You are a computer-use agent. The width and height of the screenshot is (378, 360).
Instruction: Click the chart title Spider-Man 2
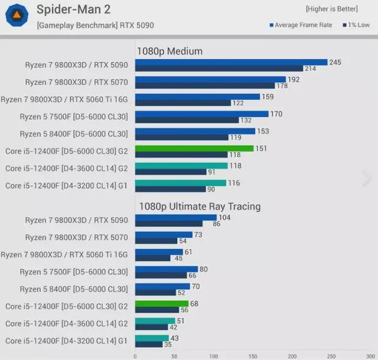[73, 9]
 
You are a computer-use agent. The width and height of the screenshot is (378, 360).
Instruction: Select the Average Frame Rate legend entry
[301, 25]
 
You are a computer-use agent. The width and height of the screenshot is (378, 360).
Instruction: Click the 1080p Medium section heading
[170, 51]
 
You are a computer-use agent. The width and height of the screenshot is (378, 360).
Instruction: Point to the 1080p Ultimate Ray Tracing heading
[199, 207]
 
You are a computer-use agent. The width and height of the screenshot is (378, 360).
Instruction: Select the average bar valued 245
[231, 62]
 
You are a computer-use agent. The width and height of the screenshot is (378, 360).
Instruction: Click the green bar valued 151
[194, 148]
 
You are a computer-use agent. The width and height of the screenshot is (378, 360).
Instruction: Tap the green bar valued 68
[162, 303]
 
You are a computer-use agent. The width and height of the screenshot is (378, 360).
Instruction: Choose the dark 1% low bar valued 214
[219, 68]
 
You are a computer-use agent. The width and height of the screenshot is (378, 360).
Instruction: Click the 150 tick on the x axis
[253, 356]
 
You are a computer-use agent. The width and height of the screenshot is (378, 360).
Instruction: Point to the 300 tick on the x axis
[370, 356]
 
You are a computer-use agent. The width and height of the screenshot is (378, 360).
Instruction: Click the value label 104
[226, 218]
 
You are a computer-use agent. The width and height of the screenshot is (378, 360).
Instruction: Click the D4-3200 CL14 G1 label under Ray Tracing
[66, 341]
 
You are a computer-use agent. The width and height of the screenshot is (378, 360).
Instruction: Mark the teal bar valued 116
[181, 183]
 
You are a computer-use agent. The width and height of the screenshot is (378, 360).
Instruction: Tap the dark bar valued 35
[149, 344]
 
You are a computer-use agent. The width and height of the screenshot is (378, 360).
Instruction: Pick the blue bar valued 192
[210, 79]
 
